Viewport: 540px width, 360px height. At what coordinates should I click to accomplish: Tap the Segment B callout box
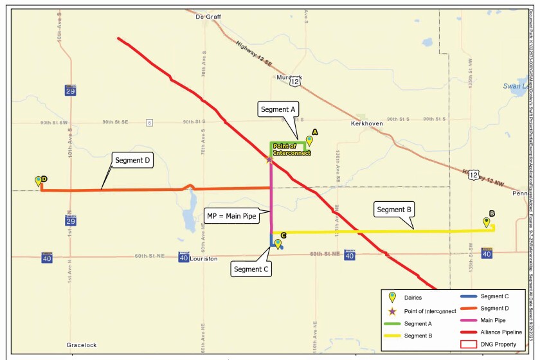[x=395, y=210]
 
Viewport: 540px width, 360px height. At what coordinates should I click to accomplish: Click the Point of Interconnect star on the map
[x=270, y=159]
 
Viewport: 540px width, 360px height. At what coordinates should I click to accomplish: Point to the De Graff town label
[x=208, y=17]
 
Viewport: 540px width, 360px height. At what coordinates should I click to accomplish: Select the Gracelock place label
[x=82, y=345]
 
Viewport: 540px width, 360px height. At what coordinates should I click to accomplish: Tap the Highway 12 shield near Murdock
[x=295, y=82]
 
